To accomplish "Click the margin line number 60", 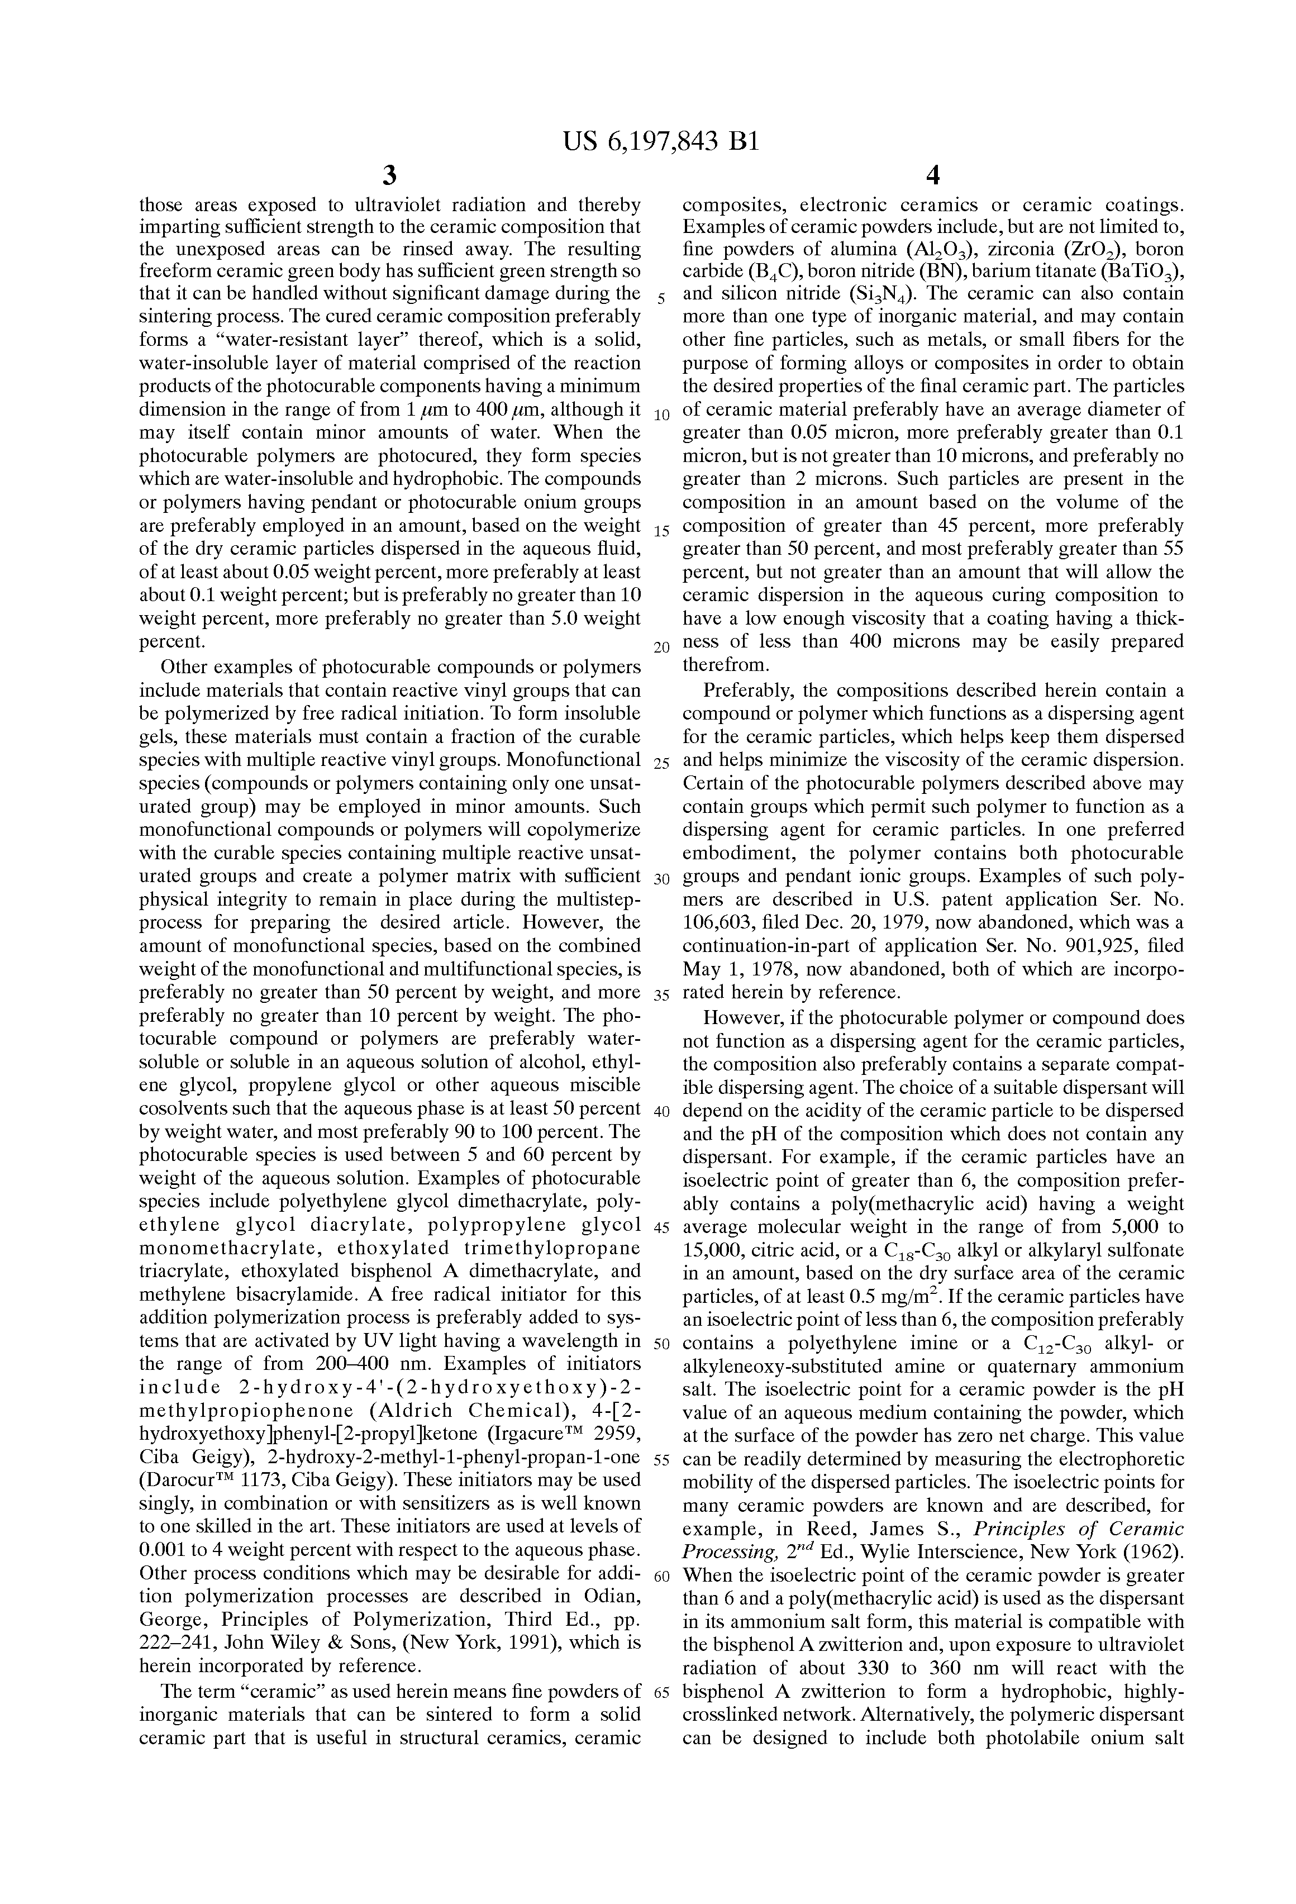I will [662, 1577].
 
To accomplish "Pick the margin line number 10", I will [662, 415].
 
